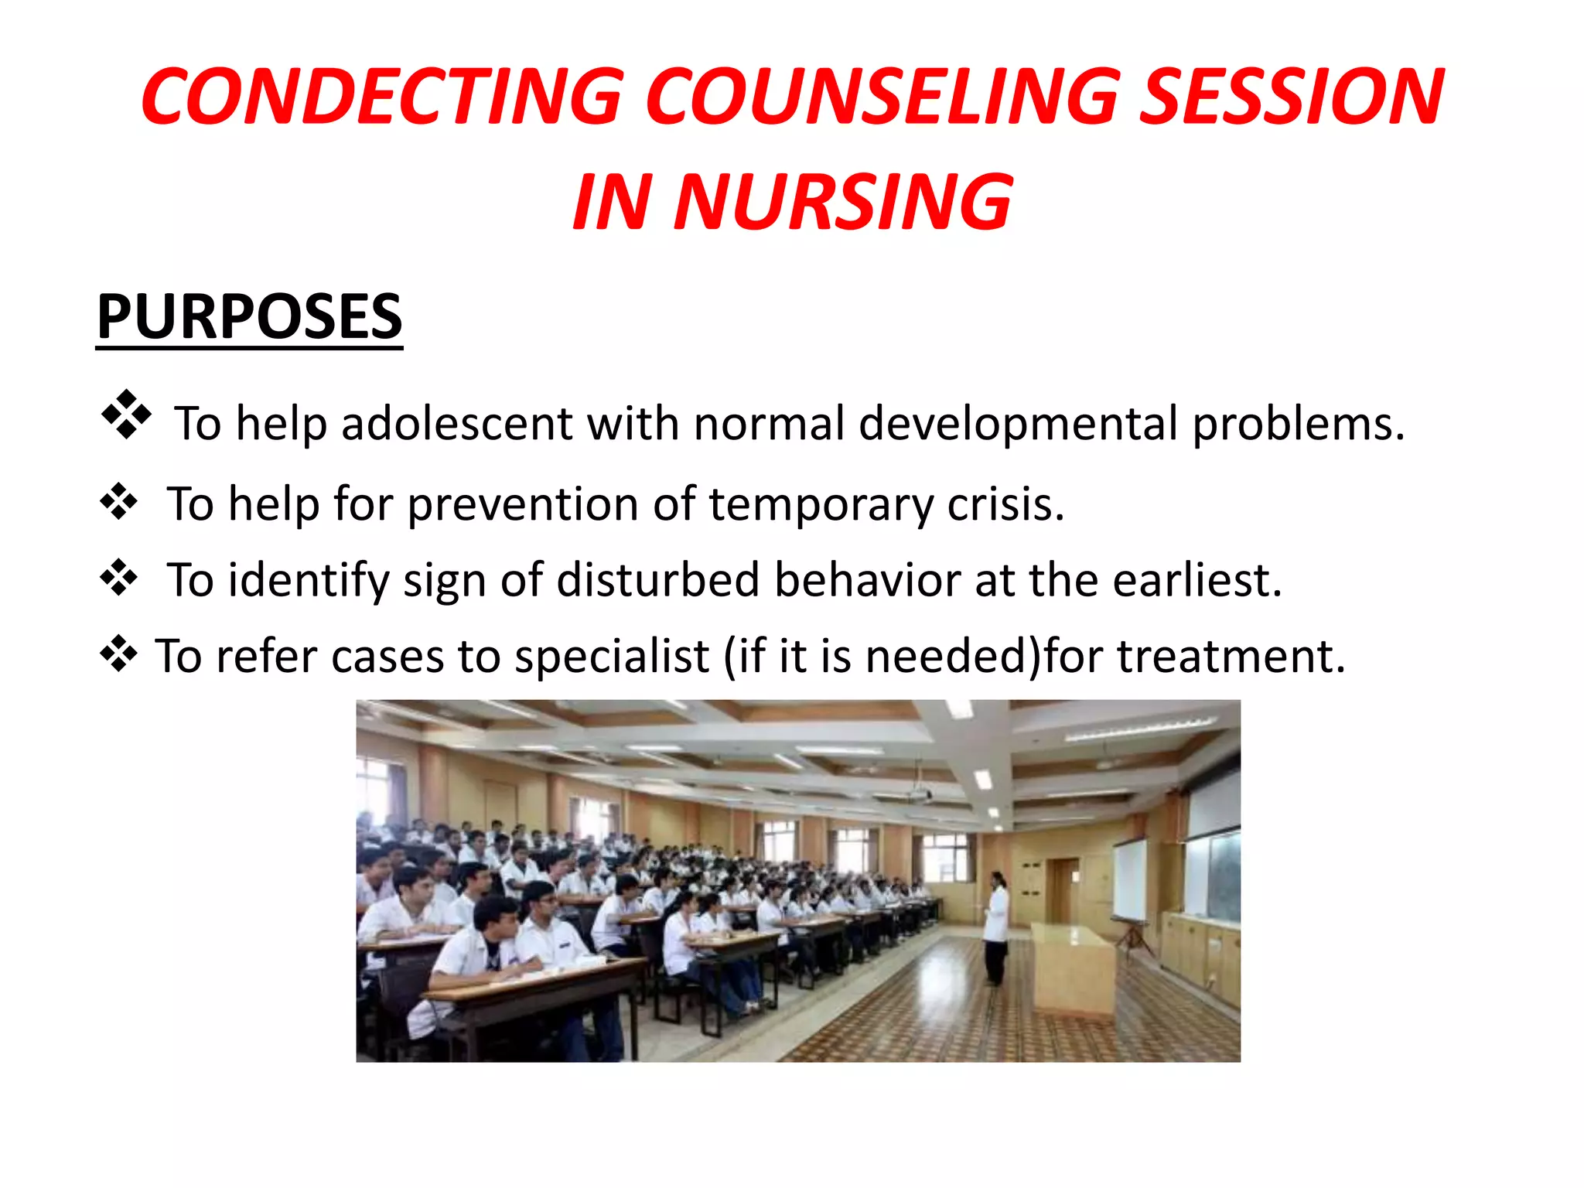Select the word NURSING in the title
coord(842,202)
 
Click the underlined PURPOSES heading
coord(249,316)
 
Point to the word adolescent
coord(456,424)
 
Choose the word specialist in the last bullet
coord(612,657)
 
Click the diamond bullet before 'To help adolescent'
coord(126,415)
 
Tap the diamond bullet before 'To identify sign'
coord(119,578)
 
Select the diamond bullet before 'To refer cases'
coord(119,654)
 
